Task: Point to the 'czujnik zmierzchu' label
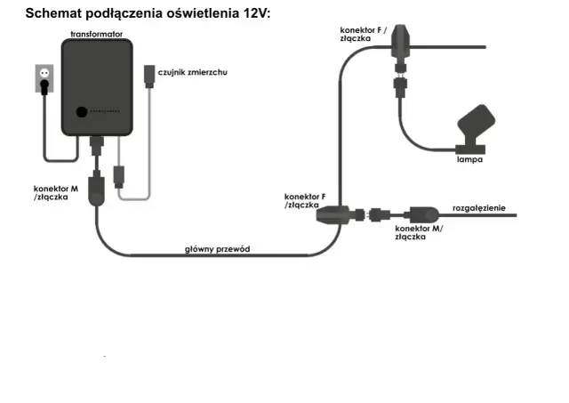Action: point(190,73)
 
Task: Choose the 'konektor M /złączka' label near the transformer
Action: point(55,193)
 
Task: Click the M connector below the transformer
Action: point(98,190)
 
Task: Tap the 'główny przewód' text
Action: point(217,249)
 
